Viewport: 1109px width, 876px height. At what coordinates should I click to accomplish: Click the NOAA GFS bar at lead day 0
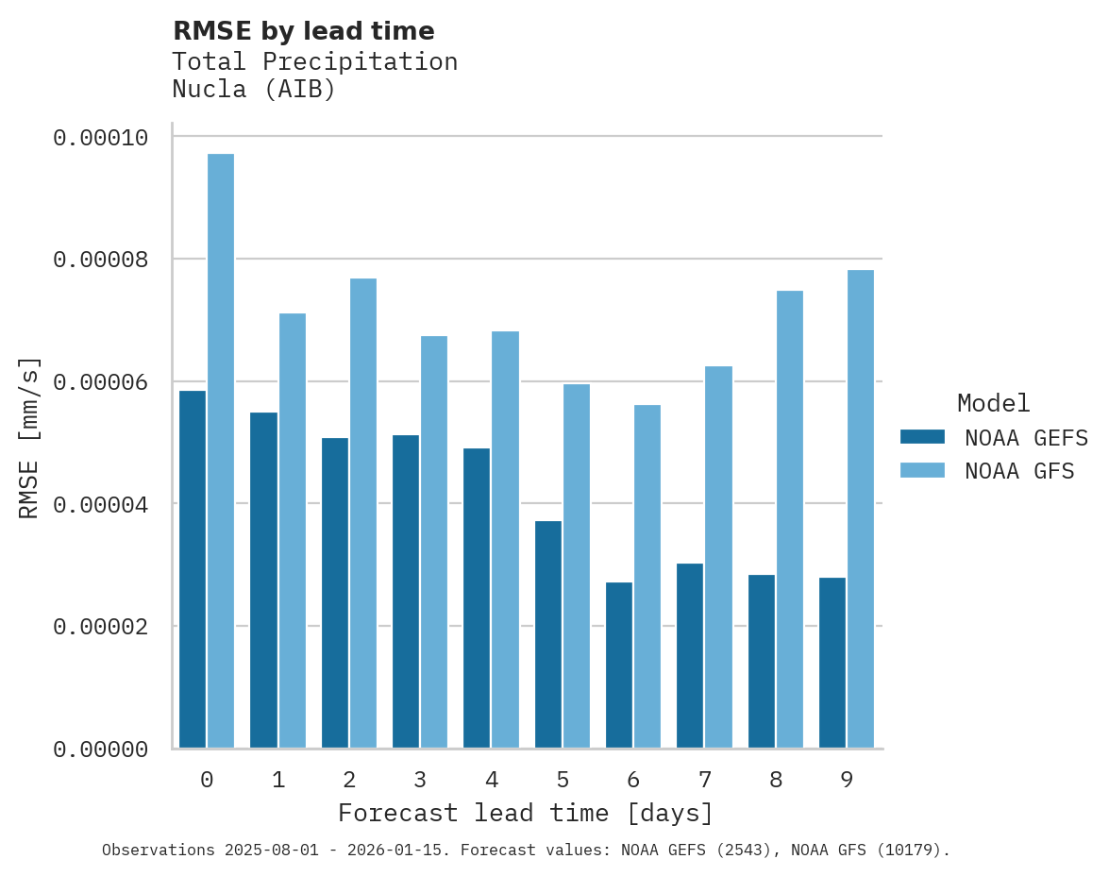[x=221, y=451]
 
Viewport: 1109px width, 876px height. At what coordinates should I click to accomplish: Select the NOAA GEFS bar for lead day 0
[x=193, y=569]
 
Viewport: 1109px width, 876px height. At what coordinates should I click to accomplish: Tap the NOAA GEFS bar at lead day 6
[x=619, y=665]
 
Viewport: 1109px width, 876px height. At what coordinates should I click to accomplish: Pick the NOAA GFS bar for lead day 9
[x=861, y=509]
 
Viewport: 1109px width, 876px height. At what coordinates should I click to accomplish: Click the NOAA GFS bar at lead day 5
[x=577, y=566]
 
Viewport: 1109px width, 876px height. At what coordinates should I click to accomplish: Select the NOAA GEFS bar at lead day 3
[x=406, y=592]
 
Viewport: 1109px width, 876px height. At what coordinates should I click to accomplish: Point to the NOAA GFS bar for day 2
[x=363, y=514]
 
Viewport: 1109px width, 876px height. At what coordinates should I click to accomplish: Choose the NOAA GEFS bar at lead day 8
[x=762, y=662]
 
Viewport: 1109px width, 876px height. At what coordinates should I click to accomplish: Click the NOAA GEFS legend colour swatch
[x=922, y=437]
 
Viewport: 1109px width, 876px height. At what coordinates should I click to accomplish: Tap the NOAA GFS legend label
[x=1019, y=471]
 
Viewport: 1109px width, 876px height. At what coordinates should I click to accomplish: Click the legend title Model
[x=993, y=403]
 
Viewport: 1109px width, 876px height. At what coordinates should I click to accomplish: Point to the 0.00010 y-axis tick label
[x=100, y=138]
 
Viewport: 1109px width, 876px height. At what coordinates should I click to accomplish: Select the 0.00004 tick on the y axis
[x=100, y=504]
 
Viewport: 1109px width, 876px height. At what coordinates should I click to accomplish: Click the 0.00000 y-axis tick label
[x=100, y=750]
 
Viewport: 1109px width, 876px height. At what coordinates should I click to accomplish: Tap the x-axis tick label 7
[x=705, y=780]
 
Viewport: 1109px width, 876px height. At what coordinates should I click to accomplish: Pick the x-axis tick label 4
[x=492, y=780]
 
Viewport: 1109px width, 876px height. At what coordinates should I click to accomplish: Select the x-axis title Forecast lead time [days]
[x=526, y=813]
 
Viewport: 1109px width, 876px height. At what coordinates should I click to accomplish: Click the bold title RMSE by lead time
[x=303, y=31]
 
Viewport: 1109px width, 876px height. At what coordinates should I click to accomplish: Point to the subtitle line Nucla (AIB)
[x=254, y=91]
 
